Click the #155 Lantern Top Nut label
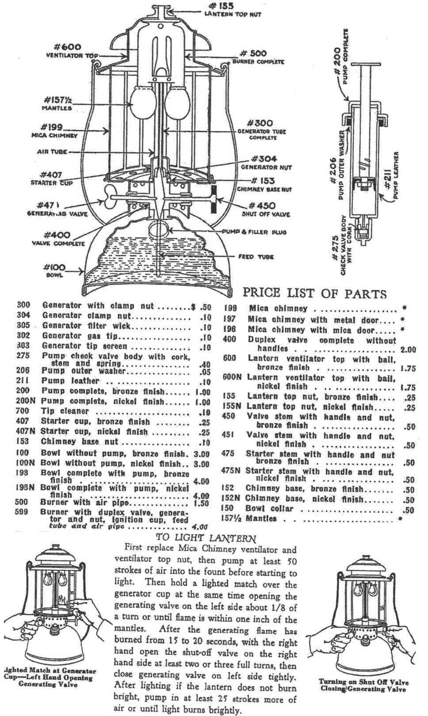(x=233, y=10)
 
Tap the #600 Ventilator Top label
(x=71, y=51)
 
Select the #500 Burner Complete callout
(x=258, y=57)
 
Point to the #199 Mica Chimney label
(x=54, y=131)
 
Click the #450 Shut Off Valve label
(x=266, y=209)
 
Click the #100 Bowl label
(x=54, y=270)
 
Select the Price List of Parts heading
(x=314, y=293)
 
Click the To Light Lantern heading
(x=206, y=538)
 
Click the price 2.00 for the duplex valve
(x=408, y=350)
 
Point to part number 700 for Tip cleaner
(x=23, y=411)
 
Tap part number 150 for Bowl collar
(x=228, y=508)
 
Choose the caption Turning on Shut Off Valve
(x=363, y=685)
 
